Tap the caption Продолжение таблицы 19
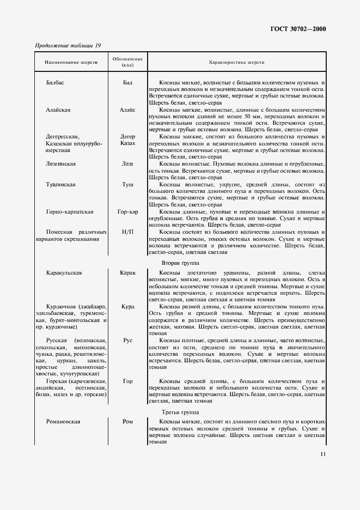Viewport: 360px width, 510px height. pyautogui.click(x=68, y=45)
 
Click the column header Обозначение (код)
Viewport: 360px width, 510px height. pyautogui.click(x=127, y=62)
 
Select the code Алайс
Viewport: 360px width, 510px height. pyautogui.click(x=127, y=110)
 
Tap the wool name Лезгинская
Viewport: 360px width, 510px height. pyautogui.click(x=61, y=163)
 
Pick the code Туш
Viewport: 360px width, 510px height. pyautogui.click(x=127, y=185)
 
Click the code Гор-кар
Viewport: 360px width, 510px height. pyautogui.click(x=127, y=211)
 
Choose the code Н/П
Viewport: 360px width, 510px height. pyautogui.click(x=127, y=232)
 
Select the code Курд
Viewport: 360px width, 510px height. pyautogui.click(x=127, y=307)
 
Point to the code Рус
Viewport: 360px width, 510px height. pyautogui.click(x=127, y=340)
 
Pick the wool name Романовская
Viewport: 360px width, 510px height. pyautogui.click(x=64, y=422)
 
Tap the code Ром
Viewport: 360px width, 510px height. pyautogui.click(x=127, y=422)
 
